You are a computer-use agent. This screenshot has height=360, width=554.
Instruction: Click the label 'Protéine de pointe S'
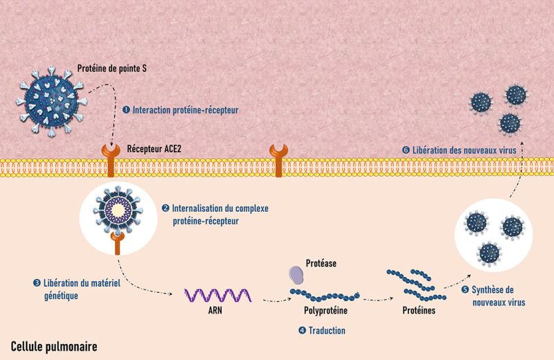click(111, 68)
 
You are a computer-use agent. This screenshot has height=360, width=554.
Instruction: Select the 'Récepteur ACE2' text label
click(154, 149)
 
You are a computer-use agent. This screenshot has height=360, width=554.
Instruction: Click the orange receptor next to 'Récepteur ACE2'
click(111, 160)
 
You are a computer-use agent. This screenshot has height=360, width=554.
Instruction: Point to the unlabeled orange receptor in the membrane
click(279, 160)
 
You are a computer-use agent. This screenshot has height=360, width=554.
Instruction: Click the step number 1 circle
click(126, 110)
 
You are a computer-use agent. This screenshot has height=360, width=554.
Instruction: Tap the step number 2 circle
click(166, 208)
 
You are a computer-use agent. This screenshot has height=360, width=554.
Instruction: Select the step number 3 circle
click(37, 282)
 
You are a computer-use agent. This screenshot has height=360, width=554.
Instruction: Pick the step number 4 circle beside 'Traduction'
click(302, 330)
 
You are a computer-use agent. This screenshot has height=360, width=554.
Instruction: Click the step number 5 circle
click(465, 289)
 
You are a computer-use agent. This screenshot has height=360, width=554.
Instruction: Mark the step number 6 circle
click(406, 150)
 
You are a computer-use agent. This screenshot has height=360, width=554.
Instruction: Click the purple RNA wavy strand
click(218, 296)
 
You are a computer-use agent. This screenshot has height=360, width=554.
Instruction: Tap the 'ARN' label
click(215, 311)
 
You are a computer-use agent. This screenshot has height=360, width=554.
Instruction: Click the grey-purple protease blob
click(296, 275)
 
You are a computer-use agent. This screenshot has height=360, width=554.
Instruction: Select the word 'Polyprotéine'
click(325, 311)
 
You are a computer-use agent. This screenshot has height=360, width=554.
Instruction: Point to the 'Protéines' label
click(419, 311)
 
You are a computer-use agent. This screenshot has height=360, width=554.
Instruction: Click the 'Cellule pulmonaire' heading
click(54, 347)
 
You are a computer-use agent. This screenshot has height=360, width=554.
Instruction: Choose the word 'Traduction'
click(327, 330)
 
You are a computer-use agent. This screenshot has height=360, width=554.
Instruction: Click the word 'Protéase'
click(321, 263)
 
